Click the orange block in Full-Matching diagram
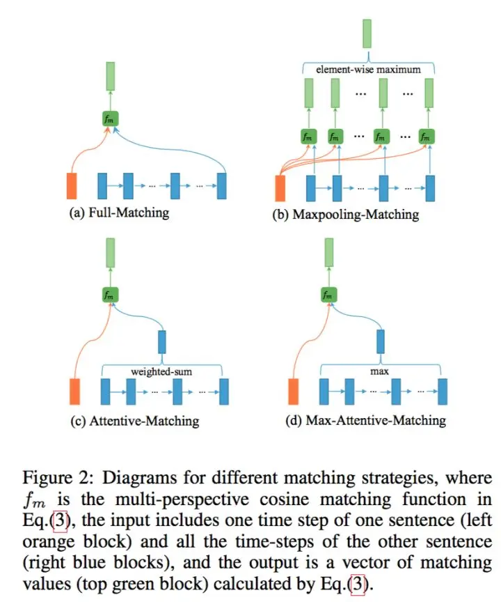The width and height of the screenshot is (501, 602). coord(72,186)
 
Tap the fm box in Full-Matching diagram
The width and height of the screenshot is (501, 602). coord(110,118)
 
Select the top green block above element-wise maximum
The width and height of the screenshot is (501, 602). coord(367,33)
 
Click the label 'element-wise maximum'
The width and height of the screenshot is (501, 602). coord(368,70)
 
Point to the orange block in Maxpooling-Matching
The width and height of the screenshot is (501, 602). coord(280,188)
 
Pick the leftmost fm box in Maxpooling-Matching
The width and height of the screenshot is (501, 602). coord(308,137)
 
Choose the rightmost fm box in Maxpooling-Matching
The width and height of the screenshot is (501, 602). coord(427,137)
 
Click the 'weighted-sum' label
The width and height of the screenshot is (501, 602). coord(161,371)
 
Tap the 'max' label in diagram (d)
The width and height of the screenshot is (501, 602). coord(379,371)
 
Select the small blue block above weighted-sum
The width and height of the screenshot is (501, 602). coord(162,341)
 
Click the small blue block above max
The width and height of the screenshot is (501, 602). coord(381,341)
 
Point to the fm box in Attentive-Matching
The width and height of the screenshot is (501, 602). coord(110,295)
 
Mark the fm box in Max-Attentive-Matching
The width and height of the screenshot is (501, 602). coord(328,295)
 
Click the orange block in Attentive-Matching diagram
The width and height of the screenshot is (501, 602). coord(74,392)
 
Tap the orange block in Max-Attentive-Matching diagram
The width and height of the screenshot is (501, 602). coord(293,392)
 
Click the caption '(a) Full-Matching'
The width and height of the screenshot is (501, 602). coord(119,213)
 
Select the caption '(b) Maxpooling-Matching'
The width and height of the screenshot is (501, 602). coord(346,214)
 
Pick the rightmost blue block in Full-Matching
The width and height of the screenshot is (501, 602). coord(221,186)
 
